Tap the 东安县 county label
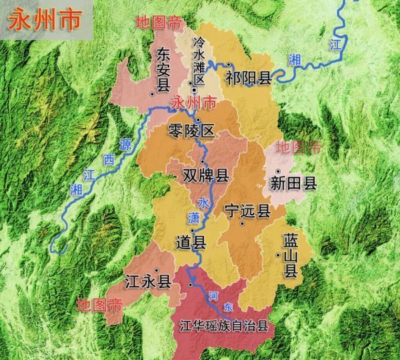tap(163, 69)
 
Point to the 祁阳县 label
tap(249, 77)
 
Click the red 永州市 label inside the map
tap(193, 103)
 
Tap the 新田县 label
tap(293, 183)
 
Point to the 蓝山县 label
tap(291, 254)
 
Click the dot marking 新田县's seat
tap(278, 171)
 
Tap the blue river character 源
tap(125, 143)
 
